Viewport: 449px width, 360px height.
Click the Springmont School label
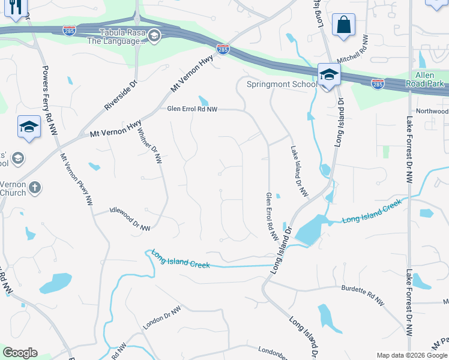(x=282, y=85)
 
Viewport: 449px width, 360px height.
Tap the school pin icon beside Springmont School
(x=329, y=76)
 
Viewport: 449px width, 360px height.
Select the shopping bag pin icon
(x=343, y=25)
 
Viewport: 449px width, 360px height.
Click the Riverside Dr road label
(x=121, y=94)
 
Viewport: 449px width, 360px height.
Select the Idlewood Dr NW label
(x=130, y=219)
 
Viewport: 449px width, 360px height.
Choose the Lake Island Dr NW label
(x=299, y=172)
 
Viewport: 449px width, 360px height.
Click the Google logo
(x=20, y=353)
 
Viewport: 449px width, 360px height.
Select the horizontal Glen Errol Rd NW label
(x=191, y=109)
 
